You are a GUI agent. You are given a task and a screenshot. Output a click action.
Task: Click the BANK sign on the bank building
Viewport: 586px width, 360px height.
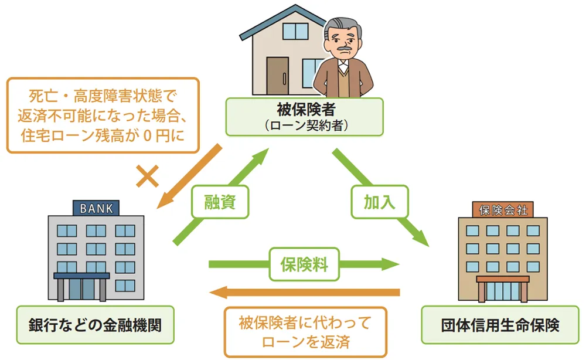tap(96, 208)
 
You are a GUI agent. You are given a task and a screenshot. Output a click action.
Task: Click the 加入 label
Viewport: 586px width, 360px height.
tap(380, 202)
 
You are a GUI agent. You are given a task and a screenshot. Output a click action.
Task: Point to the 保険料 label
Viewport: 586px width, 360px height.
tap(299, 264)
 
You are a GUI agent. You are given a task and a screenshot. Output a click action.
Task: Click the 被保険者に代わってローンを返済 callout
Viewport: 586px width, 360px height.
tap(305, 331)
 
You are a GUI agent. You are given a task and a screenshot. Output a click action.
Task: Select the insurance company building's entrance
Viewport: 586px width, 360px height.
tap(503, 291)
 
